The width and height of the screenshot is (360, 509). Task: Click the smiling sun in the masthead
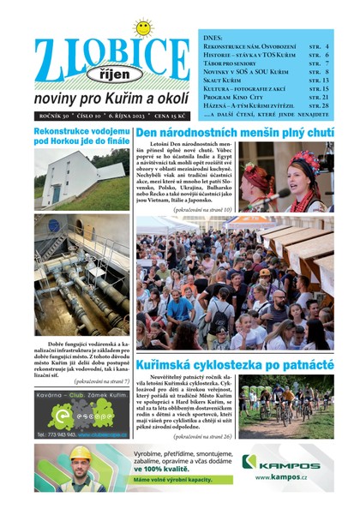(142, 27)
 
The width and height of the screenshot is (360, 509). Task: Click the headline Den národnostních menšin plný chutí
(234, 134)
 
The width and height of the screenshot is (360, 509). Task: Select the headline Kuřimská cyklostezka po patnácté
(234, 364)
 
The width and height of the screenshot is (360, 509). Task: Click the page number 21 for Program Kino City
(324, 98)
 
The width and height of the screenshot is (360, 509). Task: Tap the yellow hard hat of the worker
(81, 453)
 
